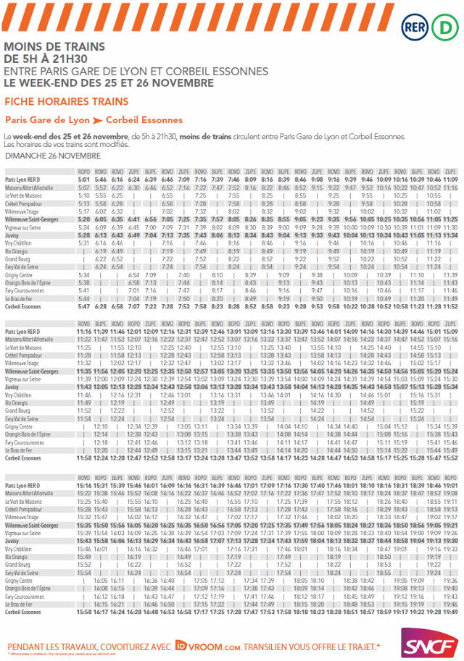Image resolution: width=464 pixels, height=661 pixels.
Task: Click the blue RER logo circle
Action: (x=415, y=28)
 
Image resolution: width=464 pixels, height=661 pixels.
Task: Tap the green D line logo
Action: (x=444, y=28)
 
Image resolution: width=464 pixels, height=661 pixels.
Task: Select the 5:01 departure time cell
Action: (x=84, y=180)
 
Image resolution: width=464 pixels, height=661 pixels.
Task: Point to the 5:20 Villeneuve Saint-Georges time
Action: (x=84, y=219)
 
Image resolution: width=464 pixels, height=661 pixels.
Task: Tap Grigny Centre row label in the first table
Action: (x=20, y=275)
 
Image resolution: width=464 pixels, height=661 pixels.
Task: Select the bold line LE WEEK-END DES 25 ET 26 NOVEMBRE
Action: (x=109, y=83)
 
